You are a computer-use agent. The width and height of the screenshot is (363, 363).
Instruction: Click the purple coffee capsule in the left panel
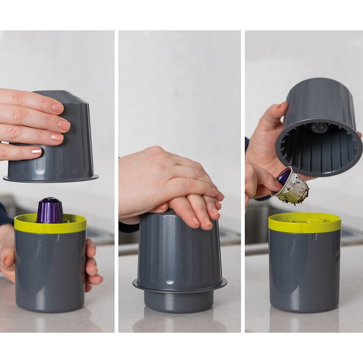(x=50, y=211)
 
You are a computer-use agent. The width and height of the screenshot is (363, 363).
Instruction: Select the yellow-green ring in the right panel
(x=304, y=223)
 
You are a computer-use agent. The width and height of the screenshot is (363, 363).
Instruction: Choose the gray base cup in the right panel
(x=304, y=270)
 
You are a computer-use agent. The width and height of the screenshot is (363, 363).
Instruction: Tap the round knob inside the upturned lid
(x=319, y=128)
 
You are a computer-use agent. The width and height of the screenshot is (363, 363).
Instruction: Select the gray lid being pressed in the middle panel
(x=179, y=250)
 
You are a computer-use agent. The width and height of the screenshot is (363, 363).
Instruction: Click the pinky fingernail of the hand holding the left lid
(x=37, y=151)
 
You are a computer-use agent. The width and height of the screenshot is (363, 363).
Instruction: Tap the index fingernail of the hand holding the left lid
(x=57, y=108)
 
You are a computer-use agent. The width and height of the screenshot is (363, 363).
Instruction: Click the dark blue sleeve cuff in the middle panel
(x=129, y=227)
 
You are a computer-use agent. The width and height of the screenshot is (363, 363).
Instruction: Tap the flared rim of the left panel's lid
(x=51, y=178)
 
